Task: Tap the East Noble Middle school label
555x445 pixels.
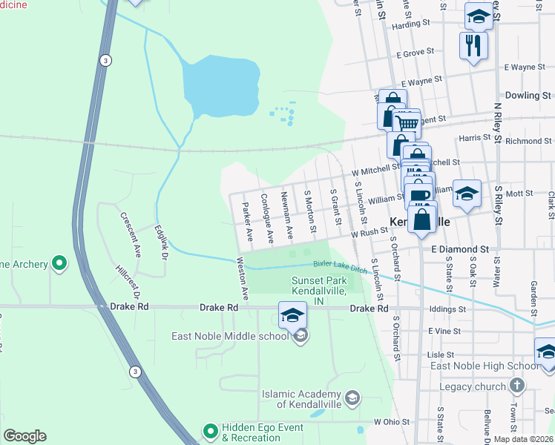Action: (230, 336)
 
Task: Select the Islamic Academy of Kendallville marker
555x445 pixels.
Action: (353, 398)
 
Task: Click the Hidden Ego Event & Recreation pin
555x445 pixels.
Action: (210, 429)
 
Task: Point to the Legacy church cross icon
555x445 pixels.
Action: (517, 386)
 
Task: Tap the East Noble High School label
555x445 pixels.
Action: (485, 366)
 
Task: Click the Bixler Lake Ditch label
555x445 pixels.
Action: (339, 264)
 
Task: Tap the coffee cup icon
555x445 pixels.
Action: (419, 195)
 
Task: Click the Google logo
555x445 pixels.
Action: (24, 436)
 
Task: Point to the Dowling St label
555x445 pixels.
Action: (528, 96)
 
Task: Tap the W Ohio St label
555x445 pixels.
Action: (393, 421)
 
